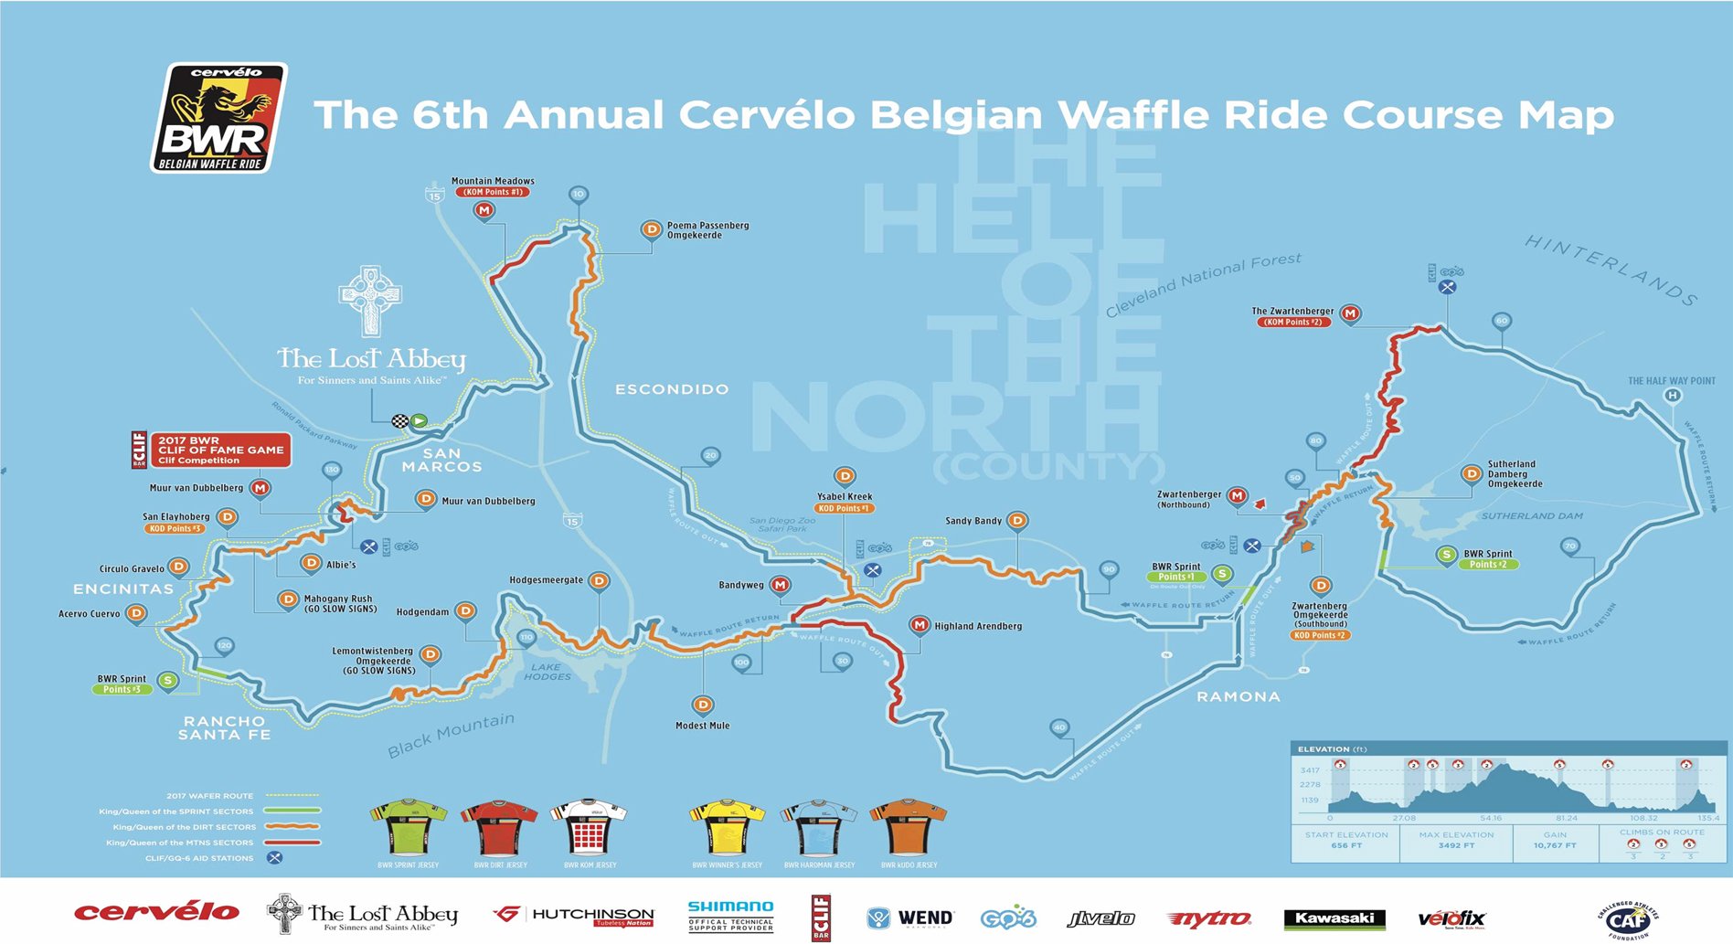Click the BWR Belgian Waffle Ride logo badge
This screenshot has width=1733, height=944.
218,117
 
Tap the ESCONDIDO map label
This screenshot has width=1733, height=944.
672,389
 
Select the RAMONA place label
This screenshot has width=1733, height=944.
1239,696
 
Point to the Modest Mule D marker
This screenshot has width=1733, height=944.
702,705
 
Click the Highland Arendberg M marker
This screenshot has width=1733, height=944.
920,625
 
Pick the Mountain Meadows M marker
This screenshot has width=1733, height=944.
484,210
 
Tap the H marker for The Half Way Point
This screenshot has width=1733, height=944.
1672,396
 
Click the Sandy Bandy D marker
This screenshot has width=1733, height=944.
1016,521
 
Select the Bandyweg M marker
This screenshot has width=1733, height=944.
780,585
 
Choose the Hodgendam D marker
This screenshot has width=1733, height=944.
465,611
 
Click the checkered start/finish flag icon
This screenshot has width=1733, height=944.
400,421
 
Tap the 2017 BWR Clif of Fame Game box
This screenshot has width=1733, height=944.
219,450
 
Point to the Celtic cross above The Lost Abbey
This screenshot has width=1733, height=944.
369,300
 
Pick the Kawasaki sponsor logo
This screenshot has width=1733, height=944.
1334,918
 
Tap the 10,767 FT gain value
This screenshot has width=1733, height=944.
1555,845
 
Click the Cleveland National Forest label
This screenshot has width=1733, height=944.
1203,284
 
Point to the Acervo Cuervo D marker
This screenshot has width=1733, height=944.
136,613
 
